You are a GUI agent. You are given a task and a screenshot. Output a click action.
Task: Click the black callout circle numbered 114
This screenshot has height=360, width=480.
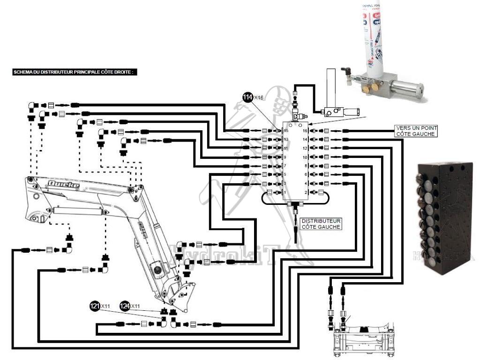coord(247,97)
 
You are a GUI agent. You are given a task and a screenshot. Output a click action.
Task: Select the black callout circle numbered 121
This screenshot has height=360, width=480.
coord(95,306)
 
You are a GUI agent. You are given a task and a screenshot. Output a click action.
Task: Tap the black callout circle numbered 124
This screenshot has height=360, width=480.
coord(125,306)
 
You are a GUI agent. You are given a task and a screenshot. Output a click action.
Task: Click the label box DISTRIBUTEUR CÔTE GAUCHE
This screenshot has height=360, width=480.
coord(321,224)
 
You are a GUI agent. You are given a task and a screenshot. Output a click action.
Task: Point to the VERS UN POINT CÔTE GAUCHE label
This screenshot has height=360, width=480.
coord(416,131)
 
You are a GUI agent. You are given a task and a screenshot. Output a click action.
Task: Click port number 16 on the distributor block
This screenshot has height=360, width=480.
coord(305,131)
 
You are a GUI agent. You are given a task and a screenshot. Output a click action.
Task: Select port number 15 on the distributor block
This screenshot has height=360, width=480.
coord(285,131)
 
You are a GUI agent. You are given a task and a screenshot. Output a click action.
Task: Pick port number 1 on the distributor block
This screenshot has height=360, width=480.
coord(285,192)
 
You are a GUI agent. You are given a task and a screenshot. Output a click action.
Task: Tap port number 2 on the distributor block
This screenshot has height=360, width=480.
coord(305,192)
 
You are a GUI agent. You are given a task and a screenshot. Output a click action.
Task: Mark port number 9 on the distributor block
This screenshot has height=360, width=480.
coord(285,157)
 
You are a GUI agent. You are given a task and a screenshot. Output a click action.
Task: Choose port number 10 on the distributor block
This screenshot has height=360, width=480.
coord(305,157)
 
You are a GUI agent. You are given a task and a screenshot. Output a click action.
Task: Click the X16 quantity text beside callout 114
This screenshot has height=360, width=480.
coord(260,97)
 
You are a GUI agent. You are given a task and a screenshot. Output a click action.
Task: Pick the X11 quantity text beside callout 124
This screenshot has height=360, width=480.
coord(135,306)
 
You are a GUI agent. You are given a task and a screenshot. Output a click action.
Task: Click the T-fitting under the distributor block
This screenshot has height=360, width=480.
coord(296,204)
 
